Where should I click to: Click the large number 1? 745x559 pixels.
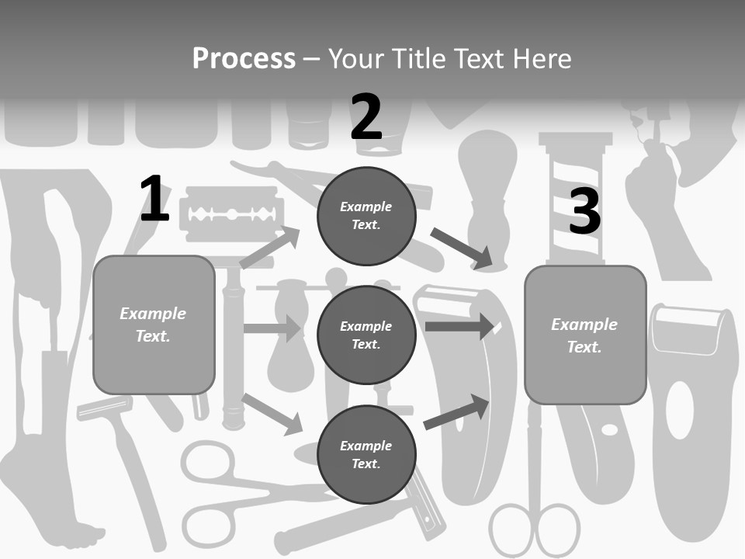click(x=154, y=200)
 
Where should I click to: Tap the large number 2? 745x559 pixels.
click(x=366, y=117)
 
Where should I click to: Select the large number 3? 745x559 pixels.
click(x=585, y=211)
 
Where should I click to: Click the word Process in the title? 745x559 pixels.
click(x=244, y=58)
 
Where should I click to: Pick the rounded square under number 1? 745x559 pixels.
click(x=154, y=325)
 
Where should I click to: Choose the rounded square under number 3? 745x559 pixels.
click(x=585, y=335)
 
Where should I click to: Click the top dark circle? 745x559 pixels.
click(x=366, y=216)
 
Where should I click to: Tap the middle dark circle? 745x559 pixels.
click(x=366, y=335)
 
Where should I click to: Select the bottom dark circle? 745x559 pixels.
click(x=366, y=454)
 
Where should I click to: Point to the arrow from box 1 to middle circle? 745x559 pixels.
click(x=272, y=328)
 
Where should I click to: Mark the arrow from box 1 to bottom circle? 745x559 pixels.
click(x=272, y=414)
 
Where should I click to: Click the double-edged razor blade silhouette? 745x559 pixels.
click(x=230, y=213)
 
